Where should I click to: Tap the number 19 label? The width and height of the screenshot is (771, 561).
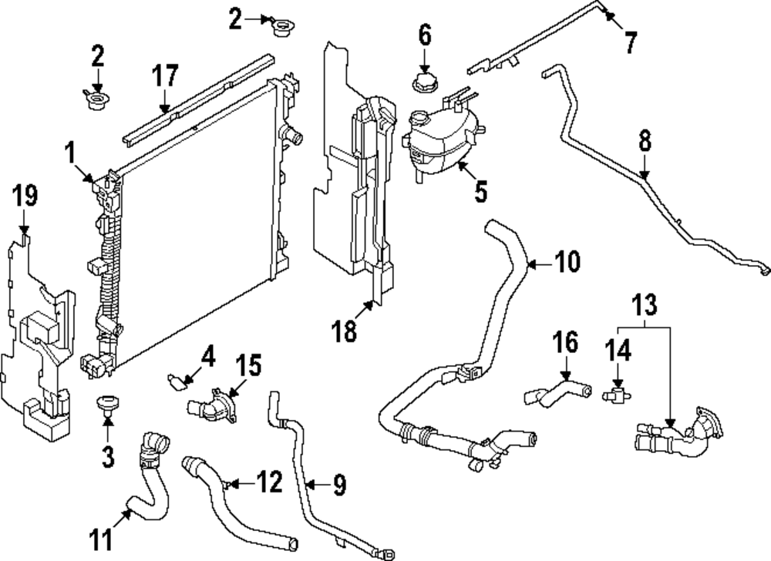pyautogui.click(x=25, y=197)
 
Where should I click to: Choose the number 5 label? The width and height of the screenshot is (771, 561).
pyautogui.click(x=480, y=190)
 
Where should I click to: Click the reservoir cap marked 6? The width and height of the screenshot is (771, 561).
pyautogui.click(x=424, y=79)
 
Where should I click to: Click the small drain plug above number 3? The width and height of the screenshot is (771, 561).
pyautogui.click(x=107, y=405)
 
